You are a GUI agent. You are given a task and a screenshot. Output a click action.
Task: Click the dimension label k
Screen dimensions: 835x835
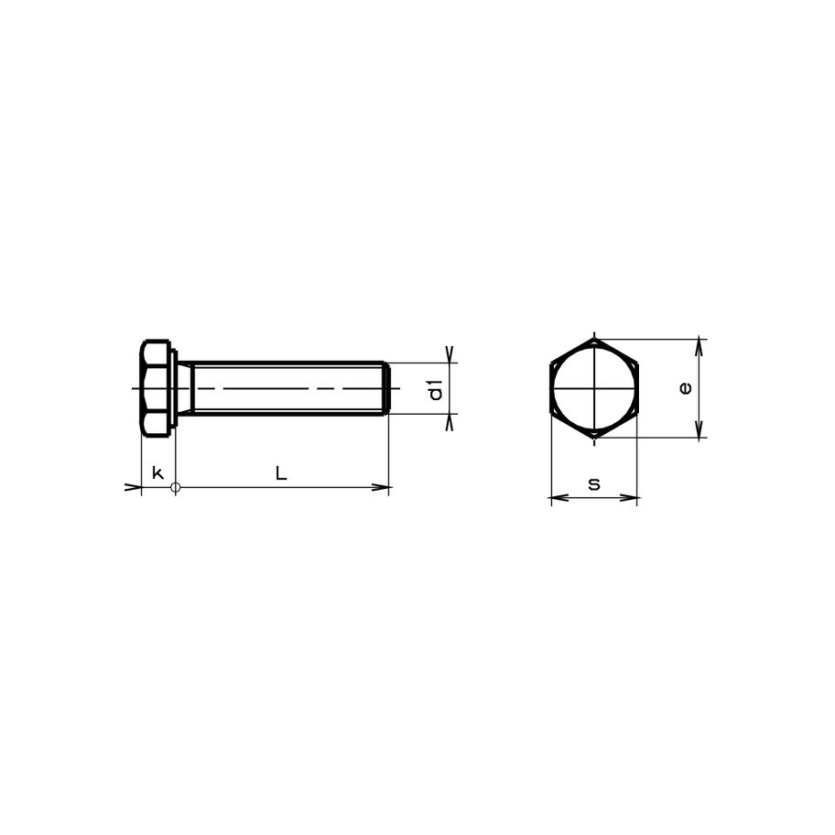point(157,472)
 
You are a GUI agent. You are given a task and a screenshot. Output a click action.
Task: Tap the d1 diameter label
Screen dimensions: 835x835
point(436,389)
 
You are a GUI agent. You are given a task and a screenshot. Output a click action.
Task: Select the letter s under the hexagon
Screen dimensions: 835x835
point(594,483)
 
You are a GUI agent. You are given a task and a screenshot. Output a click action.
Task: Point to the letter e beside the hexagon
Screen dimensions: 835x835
point(686,388)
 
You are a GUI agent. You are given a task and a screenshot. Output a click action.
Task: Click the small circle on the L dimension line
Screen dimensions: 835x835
point(177,487)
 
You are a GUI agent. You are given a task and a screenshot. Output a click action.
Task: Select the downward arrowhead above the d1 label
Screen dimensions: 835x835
point(450,354)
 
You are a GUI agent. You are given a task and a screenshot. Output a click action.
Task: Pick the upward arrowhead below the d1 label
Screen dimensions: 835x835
point(450,422)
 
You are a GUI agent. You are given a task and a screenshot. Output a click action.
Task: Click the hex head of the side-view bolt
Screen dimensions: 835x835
point(157,388)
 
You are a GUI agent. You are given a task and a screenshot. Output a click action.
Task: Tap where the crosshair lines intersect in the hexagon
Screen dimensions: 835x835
point(594,388)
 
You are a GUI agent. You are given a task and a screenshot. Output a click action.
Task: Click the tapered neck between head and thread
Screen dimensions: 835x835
point(184,388)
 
